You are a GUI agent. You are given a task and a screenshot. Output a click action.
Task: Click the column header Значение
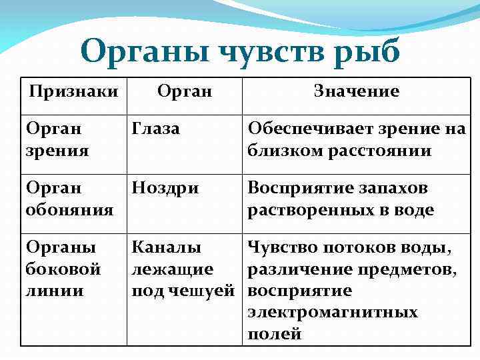tap(357, 91)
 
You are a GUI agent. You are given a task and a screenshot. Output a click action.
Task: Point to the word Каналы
tap(167, 248)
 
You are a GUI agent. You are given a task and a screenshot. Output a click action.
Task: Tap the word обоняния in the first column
tap(69, 210)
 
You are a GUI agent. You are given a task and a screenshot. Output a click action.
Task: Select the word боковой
tap(63, 269)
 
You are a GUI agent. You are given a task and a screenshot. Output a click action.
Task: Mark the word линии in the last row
tap(55, 291)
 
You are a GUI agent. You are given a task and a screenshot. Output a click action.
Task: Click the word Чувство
tap(282, 248)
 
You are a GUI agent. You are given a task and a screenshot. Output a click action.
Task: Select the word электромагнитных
tap(333, 312)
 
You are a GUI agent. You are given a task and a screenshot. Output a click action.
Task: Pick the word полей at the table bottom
tap(275, 333)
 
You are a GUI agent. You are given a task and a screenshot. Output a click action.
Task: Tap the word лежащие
tap(173, 269)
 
